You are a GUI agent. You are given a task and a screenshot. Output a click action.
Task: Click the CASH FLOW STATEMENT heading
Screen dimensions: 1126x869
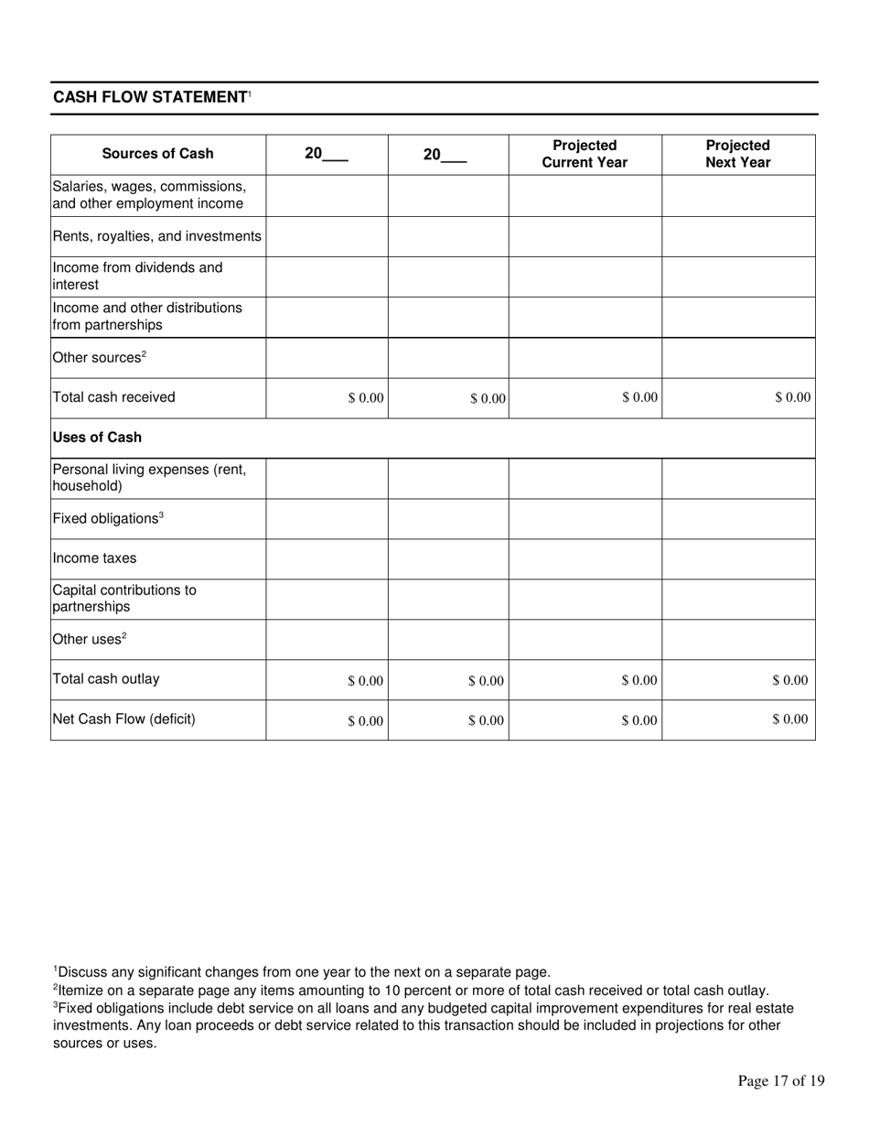[151, 97]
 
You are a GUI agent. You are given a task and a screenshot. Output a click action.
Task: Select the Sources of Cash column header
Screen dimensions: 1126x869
[157, 154]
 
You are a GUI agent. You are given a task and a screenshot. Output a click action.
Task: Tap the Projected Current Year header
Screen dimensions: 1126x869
[585, 154]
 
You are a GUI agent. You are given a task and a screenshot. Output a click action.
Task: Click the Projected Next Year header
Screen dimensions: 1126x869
[737, 154]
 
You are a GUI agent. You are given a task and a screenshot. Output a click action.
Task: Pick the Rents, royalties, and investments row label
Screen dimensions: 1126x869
[156, 236]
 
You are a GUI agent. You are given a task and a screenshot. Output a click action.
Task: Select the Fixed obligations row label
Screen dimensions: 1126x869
[107, 518]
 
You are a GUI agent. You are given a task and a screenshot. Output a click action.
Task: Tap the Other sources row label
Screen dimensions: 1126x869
[99, 357]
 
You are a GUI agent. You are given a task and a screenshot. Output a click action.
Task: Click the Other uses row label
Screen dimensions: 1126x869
[89, 639]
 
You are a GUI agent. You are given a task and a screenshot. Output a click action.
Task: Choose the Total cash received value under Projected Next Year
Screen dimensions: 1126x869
[792, 397]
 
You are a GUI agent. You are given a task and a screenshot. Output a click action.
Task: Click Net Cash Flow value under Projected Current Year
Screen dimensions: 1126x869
[638, 720]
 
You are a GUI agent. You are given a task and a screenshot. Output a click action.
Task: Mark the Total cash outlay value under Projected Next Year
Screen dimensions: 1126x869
[790, 680]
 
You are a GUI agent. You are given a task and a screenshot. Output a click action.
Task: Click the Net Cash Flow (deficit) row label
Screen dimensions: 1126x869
[123, 720]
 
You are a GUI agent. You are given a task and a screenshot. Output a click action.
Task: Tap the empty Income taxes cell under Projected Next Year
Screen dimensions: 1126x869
[737, 558]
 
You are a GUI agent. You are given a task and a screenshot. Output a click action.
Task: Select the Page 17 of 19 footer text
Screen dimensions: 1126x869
[780, 1081]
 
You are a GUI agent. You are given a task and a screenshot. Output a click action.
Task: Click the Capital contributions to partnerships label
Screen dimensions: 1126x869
[123, 598]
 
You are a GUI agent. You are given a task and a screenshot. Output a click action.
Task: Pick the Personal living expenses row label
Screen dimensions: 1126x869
[149, 478]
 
